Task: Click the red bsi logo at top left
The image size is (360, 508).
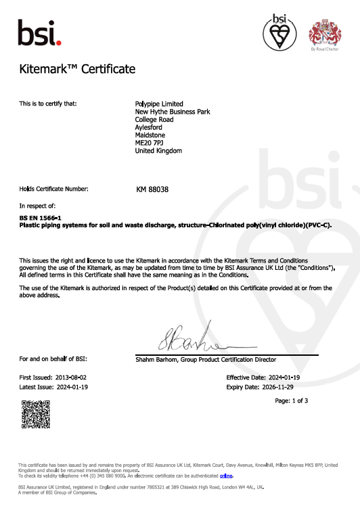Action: coord(39,32)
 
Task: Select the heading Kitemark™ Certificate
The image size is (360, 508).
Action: coord(78,70)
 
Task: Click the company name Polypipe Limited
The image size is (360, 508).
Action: coord(160,103)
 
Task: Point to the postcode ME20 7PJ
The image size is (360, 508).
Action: coord(150,143)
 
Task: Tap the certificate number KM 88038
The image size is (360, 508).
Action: coord(152,189)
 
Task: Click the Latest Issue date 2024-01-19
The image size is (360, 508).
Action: coord(71,387)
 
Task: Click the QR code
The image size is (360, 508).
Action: coord(36,414)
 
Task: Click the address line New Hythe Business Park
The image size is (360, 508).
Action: coord(174,112)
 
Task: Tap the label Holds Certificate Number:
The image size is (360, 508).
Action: coord(53,189)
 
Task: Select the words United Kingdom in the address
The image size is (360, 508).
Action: coord(159,151)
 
